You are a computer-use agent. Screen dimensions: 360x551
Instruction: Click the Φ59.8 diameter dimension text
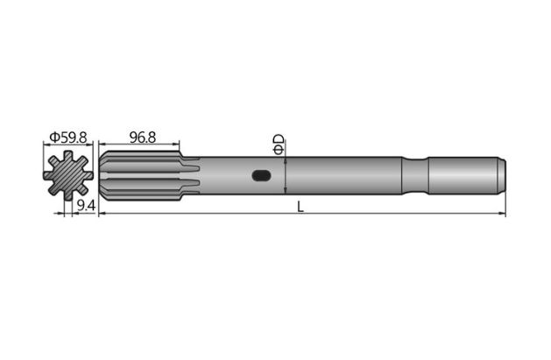click(x=68, y=138)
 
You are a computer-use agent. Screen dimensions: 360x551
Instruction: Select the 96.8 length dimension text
click(x=142, y=137)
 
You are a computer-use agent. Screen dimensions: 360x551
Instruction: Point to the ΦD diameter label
click(x=279, y=145)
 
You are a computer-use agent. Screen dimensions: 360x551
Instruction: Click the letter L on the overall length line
click(x=300, y=206)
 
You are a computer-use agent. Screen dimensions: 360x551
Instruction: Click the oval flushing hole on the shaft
click(x=261, y=176)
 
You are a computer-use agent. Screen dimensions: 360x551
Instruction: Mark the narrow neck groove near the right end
click(x=415, y=176)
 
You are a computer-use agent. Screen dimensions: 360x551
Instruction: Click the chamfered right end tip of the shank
click(x=502, y=176)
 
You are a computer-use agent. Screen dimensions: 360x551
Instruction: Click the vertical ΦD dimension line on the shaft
click(x=286, y=176)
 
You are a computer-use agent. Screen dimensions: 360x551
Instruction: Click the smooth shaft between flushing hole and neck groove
click(x=342, y=176)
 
